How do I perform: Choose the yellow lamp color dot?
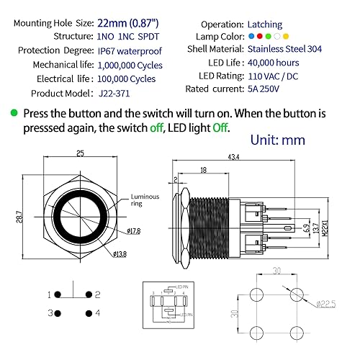(x=286, y=36)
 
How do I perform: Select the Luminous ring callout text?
(x=143, y=200)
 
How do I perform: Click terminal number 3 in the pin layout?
(x=50, y=313)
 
